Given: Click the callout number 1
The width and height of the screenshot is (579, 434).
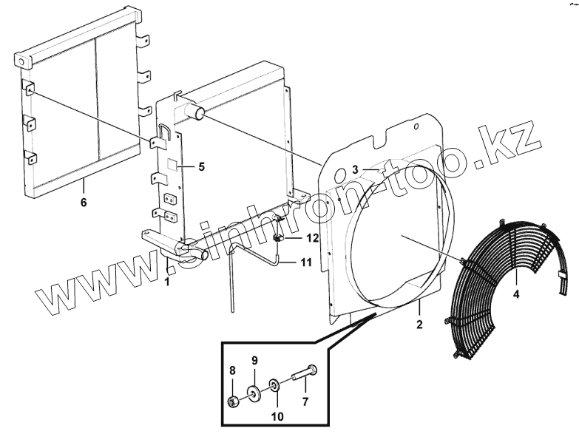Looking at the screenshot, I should point(168,282).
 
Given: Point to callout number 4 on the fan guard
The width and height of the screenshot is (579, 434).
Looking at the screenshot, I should point(517,294).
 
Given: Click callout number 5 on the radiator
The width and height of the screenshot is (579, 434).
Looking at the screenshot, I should point(200,166).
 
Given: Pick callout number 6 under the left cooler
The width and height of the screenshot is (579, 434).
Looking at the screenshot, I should point(84,202).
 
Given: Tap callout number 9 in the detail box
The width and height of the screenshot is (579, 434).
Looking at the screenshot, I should point(254,361).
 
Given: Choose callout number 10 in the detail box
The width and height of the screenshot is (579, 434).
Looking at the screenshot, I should point(277,416).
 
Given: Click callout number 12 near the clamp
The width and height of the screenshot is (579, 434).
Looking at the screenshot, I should point(313,238).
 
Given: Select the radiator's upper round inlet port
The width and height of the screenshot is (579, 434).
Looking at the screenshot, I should point(198,113).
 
